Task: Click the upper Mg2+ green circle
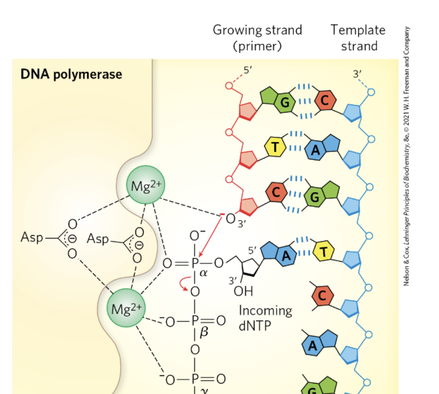[x=146, y=185]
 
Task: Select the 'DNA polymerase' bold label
[x=71, y=74]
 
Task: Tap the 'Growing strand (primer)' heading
[x=257, y=38]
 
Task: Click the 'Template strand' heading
[x=358, y=38]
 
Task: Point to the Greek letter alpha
[x=204, y=273]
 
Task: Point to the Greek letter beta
[x=204, y=332]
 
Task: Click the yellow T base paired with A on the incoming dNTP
[x=324, y=252]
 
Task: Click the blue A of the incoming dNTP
[x=286, y=256]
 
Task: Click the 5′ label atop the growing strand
[x=248, y=70]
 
